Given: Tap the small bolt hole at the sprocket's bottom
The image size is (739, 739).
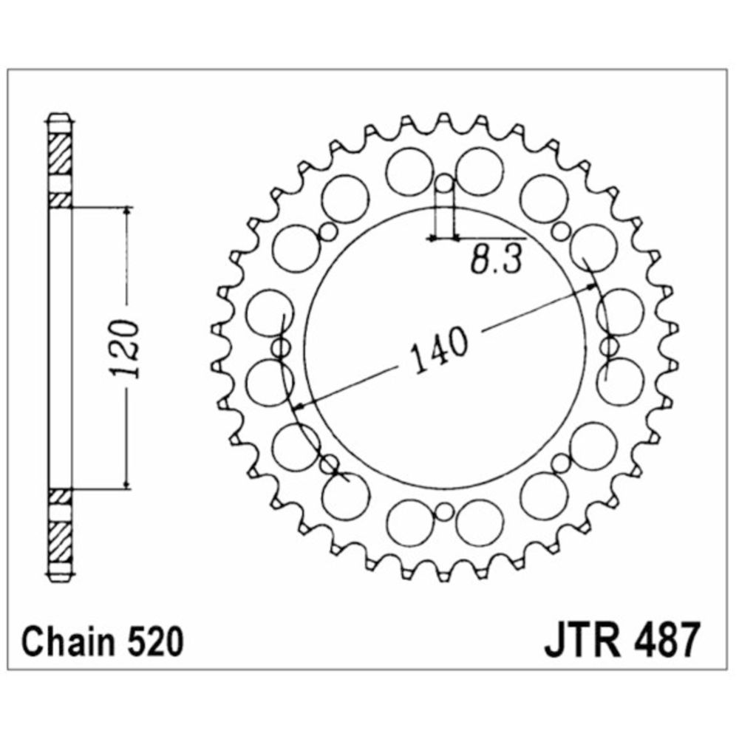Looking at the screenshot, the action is (x=443, y=512).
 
